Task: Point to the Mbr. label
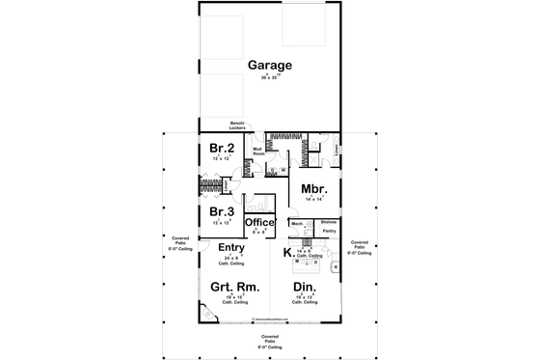[x=311, y=188]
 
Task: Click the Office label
[x=258, y=223]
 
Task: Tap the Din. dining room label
[x=305, y=287]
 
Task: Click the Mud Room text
[x=258, y=151]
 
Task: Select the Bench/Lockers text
[x=237, y=125]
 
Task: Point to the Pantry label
[x=329, y=232]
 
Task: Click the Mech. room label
[x=297, y=223]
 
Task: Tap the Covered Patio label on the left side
[x=179, y=242]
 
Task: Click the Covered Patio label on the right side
[x=360, y=245]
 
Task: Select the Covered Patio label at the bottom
[x=269, y=341]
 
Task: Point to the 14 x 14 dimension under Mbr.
[x=312, y=199]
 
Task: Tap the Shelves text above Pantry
[x=328, y=222]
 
